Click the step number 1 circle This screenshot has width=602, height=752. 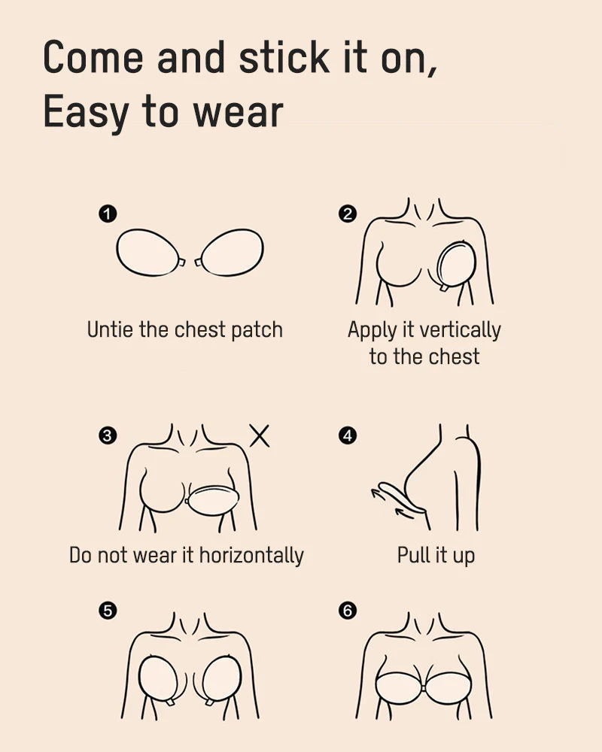tap(108, 214)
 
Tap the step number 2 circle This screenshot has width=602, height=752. tap(347, 214)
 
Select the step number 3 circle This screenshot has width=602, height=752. tap(108, 435)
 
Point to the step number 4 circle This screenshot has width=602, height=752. tap(347, 435)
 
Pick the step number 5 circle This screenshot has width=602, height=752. tap(108, 611)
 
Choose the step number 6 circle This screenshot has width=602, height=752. tap(347, 611)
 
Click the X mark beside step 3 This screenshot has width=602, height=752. tap(260, 435)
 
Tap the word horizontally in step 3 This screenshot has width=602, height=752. tap(251, 556)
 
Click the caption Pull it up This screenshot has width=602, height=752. tap(436, 556)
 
